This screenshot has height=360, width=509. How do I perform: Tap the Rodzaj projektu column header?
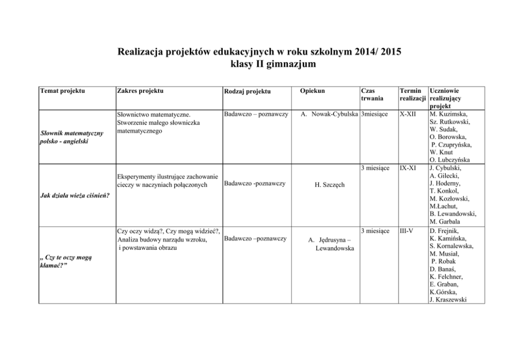click(247, 91)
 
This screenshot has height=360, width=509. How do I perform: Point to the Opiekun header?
click(311, 91)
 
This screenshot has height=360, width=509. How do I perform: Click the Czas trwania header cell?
click(372, 94)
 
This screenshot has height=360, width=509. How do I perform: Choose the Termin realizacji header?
click(413, 94)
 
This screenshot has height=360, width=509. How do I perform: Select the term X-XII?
click(408, 113)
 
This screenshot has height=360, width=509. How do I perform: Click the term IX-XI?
click(408, 168)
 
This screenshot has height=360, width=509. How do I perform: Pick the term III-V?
click(406, 231)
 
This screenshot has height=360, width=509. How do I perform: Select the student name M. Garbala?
click(445, 222)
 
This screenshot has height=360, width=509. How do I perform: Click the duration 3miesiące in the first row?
click(378, 113)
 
